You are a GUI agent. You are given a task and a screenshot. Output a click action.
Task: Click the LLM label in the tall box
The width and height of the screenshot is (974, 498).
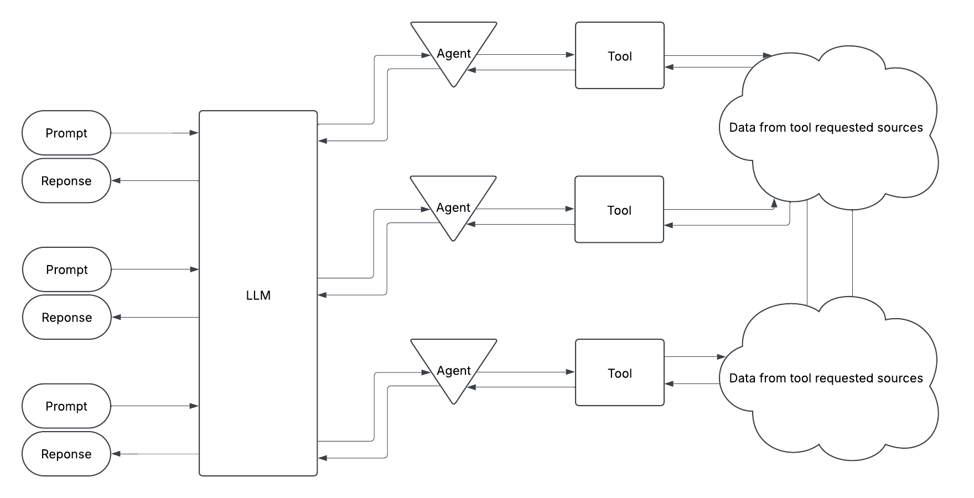point(258,295)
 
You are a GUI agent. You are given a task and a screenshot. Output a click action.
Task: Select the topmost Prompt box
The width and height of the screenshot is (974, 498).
point(66,133)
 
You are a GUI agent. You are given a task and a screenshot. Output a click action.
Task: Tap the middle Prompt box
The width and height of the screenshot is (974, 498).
point(66,269)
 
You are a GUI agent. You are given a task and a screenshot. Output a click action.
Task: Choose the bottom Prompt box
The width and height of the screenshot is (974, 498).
point(66,406)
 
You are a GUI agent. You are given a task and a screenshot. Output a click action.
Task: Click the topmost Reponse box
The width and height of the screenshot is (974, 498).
point(66,181)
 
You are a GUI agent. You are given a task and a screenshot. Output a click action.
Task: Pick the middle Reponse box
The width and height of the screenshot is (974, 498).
point(66,318)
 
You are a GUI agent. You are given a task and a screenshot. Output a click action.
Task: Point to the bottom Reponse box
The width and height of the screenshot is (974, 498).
point(66,454)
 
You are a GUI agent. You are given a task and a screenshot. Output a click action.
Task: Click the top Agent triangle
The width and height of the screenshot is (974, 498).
point(454,53)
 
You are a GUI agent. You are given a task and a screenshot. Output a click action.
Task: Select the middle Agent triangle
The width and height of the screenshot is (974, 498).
point(453,207)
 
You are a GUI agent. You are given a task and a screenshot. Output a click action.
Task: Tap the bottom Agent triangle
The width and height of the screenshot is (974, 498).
point(454,371)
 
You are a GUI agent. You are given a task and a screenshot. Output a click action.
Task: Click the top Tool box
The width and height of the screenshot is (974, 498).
point(620,56)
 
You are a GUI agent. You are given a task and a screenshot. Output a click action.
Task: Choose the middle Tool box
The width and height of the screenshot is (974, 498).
point(619,210)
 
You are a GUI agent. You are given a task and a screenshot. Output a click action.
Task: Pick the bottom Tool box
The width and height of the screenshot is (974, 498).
point(620,373)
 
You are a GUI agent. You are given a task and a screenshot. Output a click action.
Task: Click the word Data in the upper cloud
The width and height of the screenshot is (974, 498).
point(742,128)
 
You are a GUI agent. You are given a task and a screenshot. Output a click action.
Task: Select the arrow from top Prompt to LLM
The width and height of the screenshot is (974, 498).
point(154,133)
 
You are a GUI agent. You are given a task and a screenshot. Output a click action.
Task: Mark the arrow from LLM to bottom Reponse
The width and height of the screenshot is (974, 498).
point(155,454)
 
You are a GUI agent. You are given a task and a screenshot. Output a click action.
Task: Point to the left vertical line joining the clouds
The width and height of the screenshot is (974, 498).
point(807,252)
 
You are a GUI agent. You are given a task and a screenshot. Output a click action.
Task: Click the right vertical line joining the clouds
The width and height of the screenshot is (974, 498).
point(852,252)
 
